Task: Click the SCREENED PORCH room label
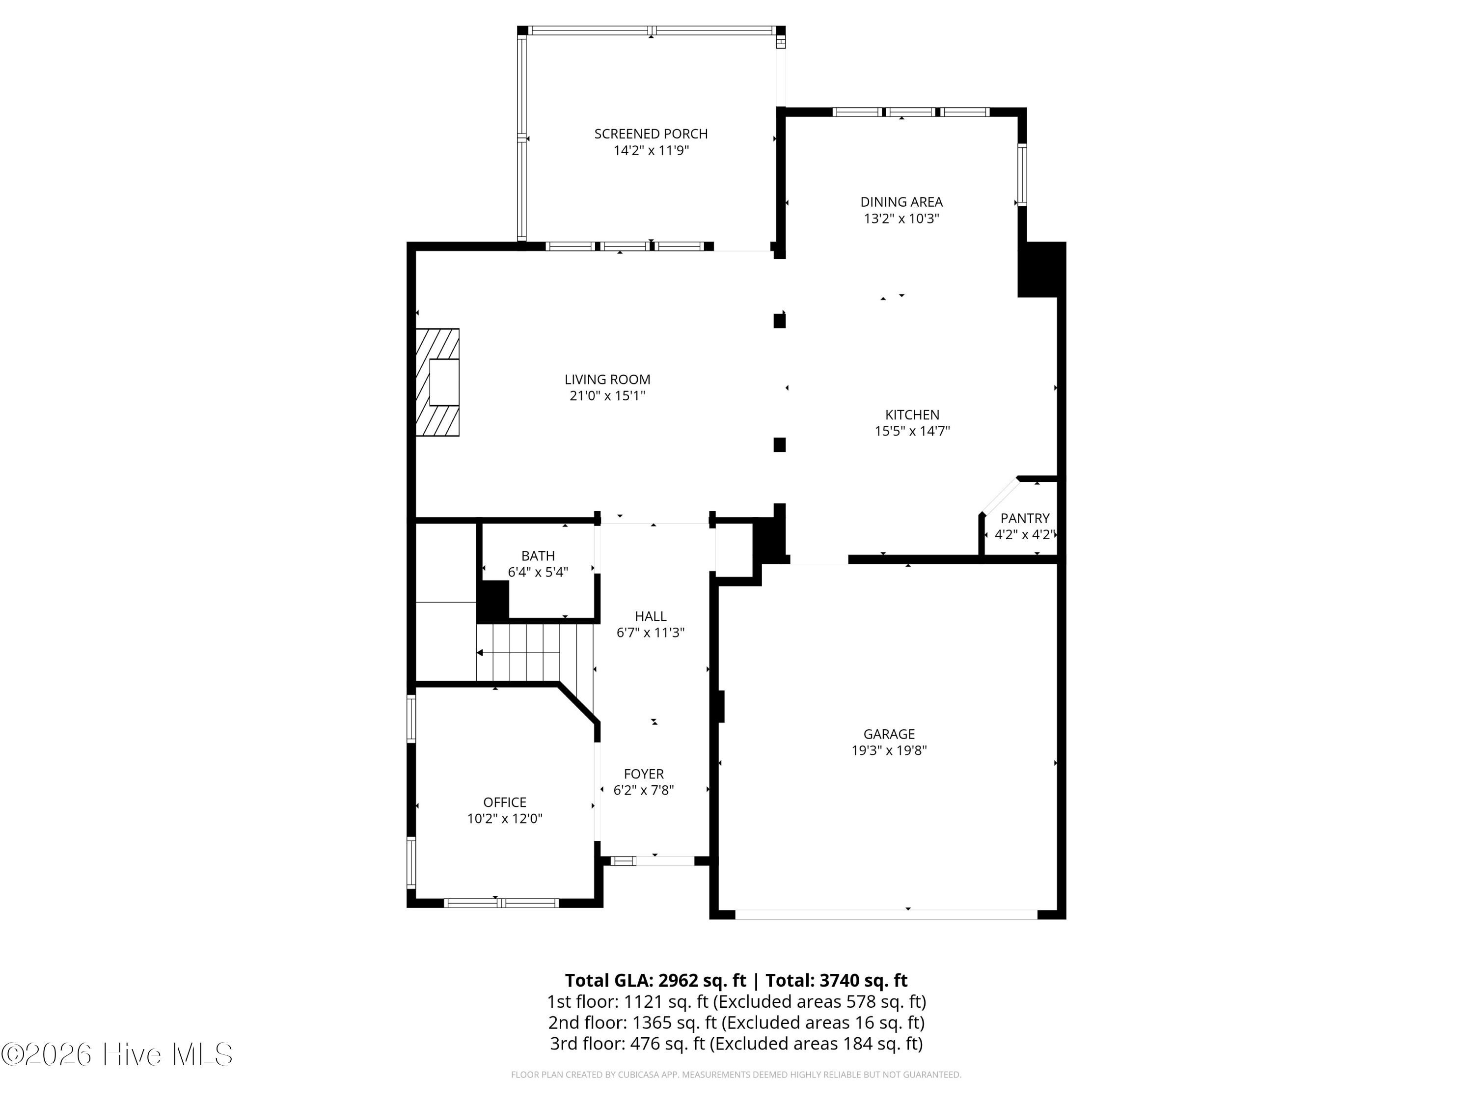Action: pos(651,134)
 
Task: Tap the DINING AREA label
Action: pos(901,202)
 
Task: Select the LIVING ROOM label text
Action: pos(607,380)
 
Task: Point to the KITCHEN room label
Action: pos(912,414)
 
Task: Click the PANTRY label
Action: pos(1025,518)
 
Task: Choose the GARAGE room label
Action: pos(889,734)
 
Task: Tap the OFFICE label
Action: pos(505,802)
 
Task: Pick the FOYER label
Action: pos(643,774)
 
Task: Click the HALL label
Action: pos(650,616)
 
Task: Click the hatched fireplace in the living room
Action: pos(437,382)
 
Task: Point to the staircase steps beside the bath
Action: pos(535,653)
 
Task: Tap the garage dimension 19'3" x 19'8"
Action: pos(889,750)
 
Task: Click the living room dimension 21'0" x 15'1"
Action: pos(607,396)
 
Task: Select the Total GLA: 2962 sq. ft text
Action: pos(655,980)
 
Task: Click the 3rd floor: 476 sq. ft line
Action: pos(736,1043)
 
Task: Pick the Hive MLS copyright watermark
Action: pos(117,1054)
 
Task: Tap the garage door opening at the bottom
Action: pos(886,914)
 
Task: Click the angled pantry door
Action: pos(1000,496)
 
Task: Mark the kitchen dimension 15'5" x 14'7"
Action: pos(912,431)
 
